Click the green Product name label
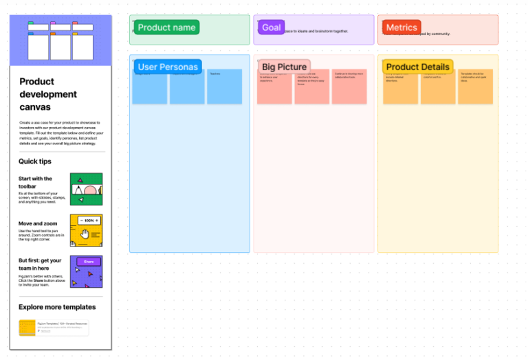[166, 27]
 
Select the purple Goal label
[271, 27]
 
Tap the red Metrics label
[401, 27]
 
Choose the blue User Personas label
[168, 67]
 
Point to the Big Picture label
[284, 67]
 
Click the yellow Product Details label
[417, 67]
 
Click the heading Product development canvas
[48, 94]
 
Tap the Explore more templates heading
[57, 307]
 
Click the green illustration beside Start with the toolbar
[86, 189]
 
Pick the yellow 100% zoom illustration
[86, 230]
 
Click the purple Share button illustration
[86, 271]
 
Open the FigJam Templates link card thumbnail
[27, 328]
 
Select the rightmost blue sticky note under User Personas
[225, 87]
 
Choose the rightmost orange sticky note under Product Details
[475, 87]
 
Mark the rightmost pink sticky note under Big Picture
[349, 87]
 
